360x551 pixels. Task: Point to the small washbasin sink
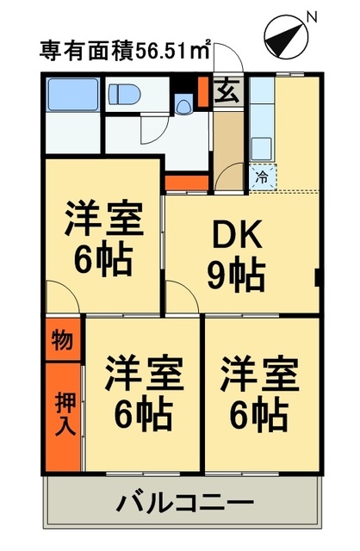[x=183, y=106]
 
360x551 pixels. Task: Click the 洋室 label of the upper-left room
[x=103, y=218]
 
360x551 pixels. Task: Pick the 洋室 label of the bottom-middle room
[x=144, y=375]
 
